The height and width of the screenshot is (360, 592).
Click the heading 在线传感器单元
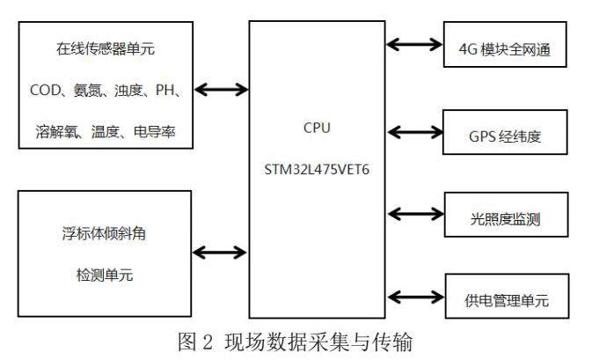(106, 48)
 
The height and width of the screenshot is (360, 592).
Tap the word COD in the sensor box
(45, 91)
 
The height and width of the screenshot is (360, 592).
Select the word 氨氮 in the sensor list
(87, 91)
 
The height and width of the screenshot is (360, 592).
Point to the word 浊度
(128, 91)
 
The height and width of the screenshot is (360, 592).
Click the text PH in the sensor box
(165, 91)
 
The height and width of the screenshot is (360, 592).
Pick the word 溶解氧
(56, 131)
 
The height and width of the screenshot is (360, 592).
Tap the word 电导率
(155, 131)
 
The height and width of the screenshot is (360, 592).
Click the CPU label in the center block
(317, 128)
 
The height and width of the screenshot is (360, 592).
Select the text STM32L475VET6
(317, 170)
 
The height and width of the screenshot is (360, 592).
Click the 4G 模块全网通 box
(505, 45)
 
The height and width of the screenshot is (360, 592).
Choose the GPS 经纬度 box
(505, 132)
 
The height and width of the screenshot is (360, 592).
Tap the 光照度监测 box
(507, 215)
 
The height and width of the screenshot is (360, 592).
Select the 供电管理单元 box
(507, 296)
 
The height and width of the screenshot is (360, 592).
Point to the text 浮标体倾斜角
(104, 233)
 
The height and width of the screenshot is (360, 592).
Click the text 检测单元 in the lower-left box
(105, 275)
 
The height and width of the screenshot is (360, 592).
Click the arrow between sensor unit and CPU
(222, 90)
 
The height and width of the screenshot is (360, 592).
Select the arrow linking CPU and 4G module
(414, 45)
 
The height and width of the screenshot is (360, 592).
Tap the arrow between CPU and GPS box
(415, 132)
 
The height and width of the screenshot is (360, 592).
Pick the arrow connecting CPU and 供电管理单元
(416, 297)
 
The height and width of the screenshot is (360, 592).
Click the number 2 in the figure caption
(208, 342)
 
